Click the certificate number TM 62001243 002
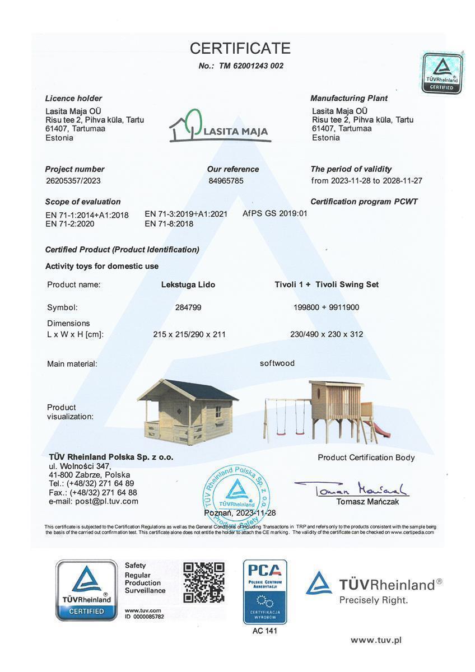(x=241, y=66)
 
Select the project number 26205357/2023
(x=73, y=181)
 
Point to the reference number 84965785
(x=226, y=181)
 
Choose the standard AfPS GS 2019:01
(x=275, y=213)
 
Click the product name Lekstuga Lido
(x=188, y=284)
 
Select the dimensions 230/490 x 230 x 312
(x=327, y=334)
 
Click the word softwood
(x=277, y=363)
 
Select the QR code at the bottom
(x=204, y=582)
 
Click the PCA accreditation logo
(x=265, y=591)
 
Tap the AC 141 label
(x=265, y=631)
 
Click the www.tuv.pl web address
(x=376, y=640)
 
